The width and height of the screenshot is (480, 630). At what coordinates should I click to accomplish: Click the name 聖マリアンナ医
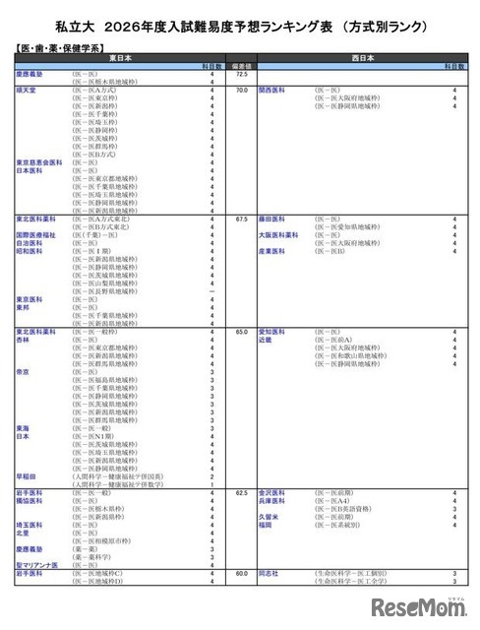[39, 563]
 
